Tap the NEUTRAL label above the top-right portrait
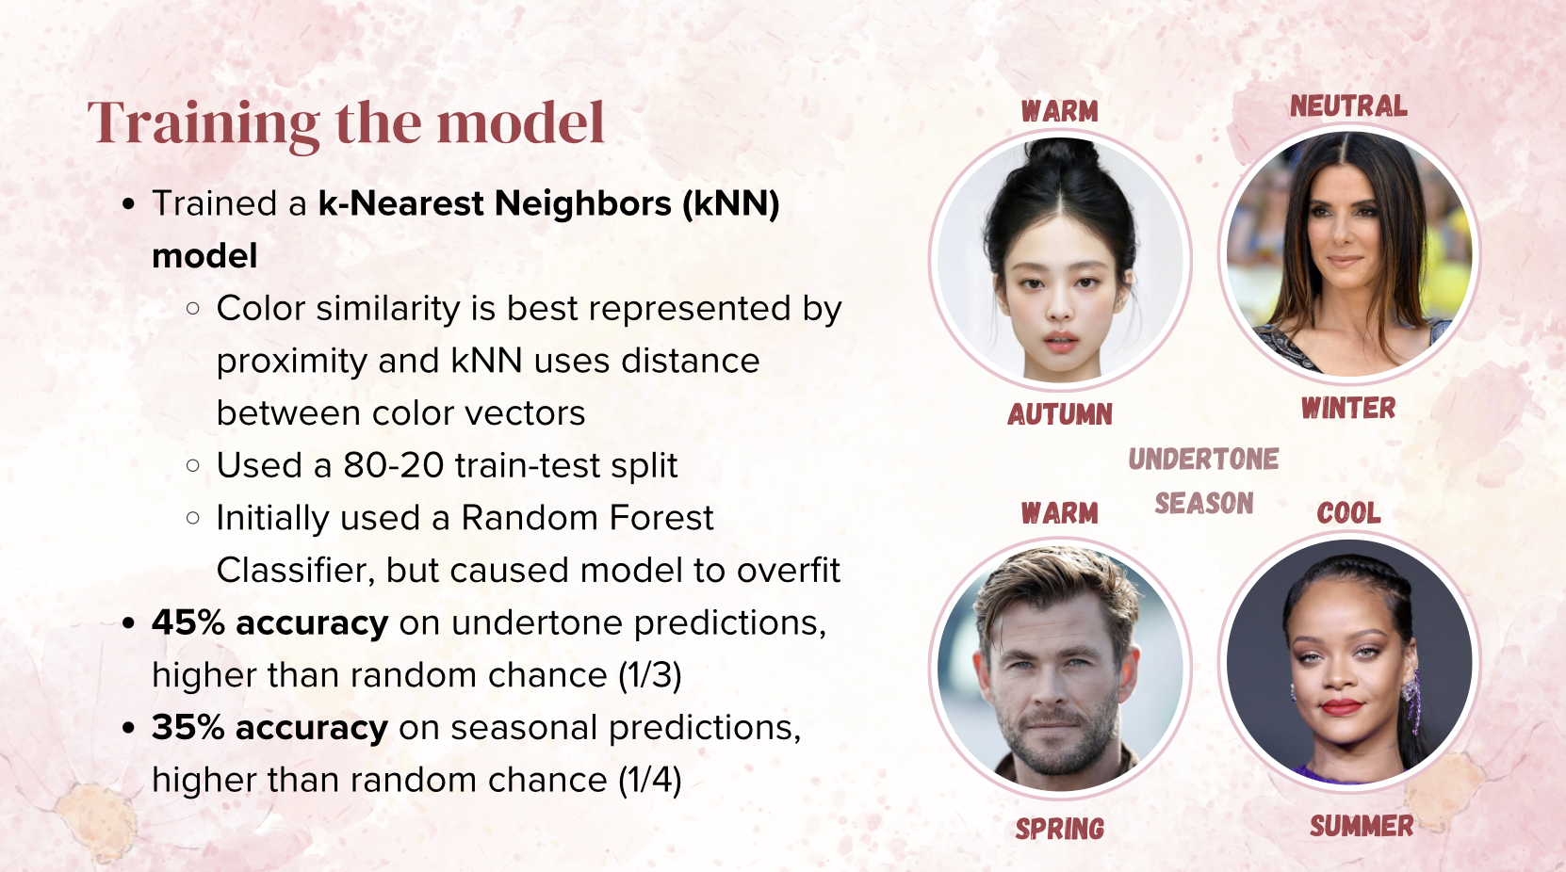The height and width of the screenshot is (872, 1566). tap(1348, 106)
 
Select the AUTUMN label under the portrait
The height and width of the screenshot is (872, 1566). tap(1060, 414)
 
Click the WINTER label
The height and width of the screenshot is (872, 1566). tap(1348, 408)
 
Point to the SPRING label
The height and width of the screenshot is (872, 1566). tap(1060, 829)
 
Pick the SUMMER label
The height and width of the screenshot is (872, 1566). tap(1362, 826)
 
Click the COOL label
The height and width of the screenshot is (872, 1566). tap(1348, 513)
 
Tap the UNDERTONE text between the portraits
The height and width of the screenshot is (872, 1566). tap(1204, 459)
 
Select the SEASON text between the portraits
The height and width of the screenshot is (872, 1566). tap(1204, 503)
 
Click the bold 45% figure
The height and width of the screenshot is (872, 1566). tap(188, 622)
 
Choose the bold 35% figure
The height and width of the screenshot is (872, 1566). tap(188, 727)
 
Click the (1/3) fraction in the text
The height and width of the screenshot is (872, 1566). tap(649, 675)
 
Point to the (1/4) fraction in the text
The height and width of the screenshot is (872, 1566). tap(649, 780)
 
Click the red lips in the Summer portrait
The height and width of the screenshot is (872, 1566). tap(1341, 707)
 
